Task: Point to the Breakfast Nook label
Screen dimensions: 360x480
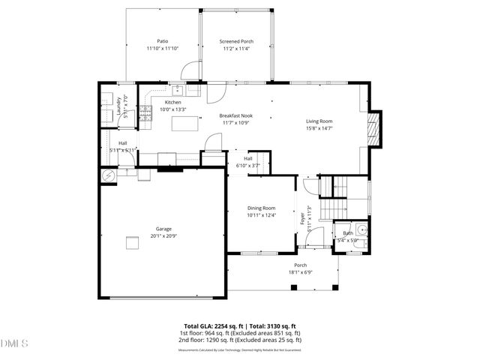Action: click(x=235, y=115)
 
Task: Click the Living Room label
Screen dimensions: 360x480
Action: click(x=319, y=121)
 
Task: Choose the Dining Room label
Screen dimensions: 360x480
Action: click(x=262, y=208)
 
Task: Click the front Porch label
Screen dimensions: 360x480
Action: click(x=300, y=265)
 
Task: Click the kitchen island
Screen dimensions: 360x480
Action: click(x=181, y=123)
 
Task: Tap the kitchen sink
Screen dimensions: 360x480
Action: click(x=178, y=90)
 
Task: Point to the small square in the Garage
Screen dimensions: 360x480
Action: click(x=132, y=241)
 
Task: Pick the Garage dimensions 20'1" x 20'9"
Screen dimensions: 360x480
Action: click(x=163, y=235)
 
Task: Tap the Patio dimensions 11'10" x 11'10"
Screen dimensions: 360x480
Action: click(x=162, y=49)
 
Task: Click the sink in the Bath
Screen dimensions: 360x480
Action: click(x=361, y=230)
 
